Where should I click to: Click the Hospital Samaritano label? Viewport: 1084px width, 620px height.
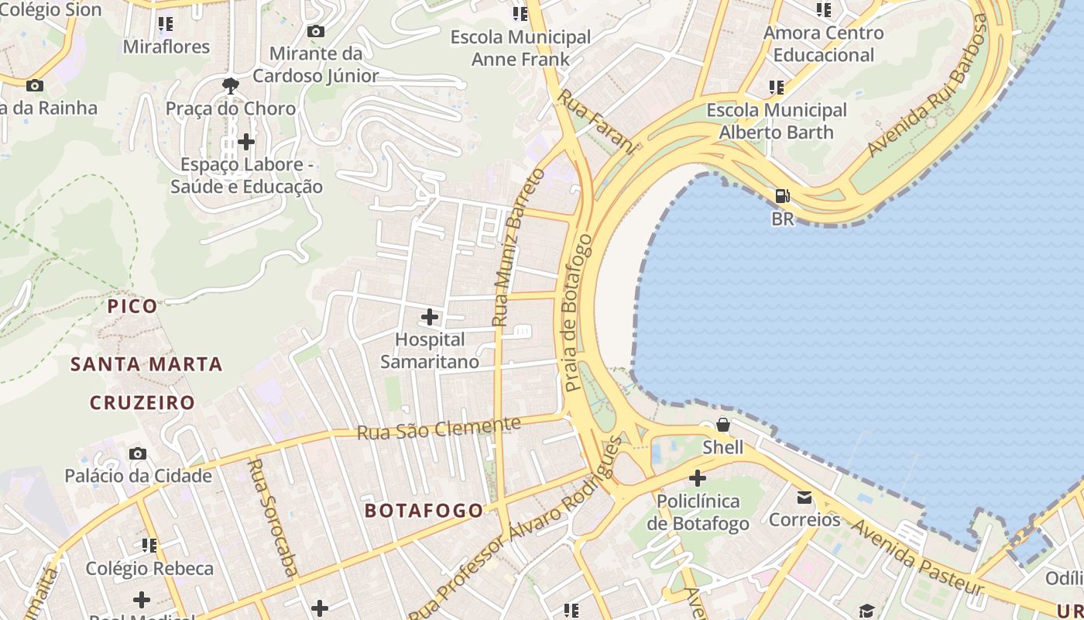[x=429, y=350]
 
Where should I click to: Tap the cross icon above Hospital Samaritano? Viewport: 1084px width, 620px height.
[x=430, y=317]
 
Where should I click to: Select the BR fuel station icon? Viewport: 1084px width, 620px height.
[x=783, y=197]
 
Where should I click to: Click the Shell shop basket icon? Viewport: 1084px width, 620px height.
[x=722, y=425]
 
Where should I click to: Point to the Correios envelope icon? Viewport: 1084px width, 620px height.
[x=804, y=497]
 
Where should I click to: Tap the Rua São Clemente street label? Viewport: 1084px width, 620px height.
[x=439, y=429]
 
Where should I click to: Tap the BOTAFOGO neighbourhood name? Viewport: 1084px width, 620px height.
[x=424, y=511]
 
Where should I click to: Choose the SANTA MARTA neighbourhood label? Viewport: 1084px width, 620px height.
[x=146, y=364]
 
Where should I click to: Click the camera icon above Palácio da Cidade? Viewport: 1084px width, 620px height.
[x=138, y=453]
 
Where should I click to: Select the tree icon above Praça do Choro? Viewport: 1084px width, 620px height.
[x=230, y=86]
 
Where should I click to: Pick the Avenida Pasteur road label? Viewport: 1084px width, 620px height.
[x=918, y=557]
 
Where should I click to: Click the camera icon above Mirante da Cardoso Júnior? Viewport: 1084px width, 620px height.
[x=315, y=31]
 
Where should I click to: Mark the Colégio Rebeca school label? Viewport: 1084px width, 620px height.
[x=149, y=568]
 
